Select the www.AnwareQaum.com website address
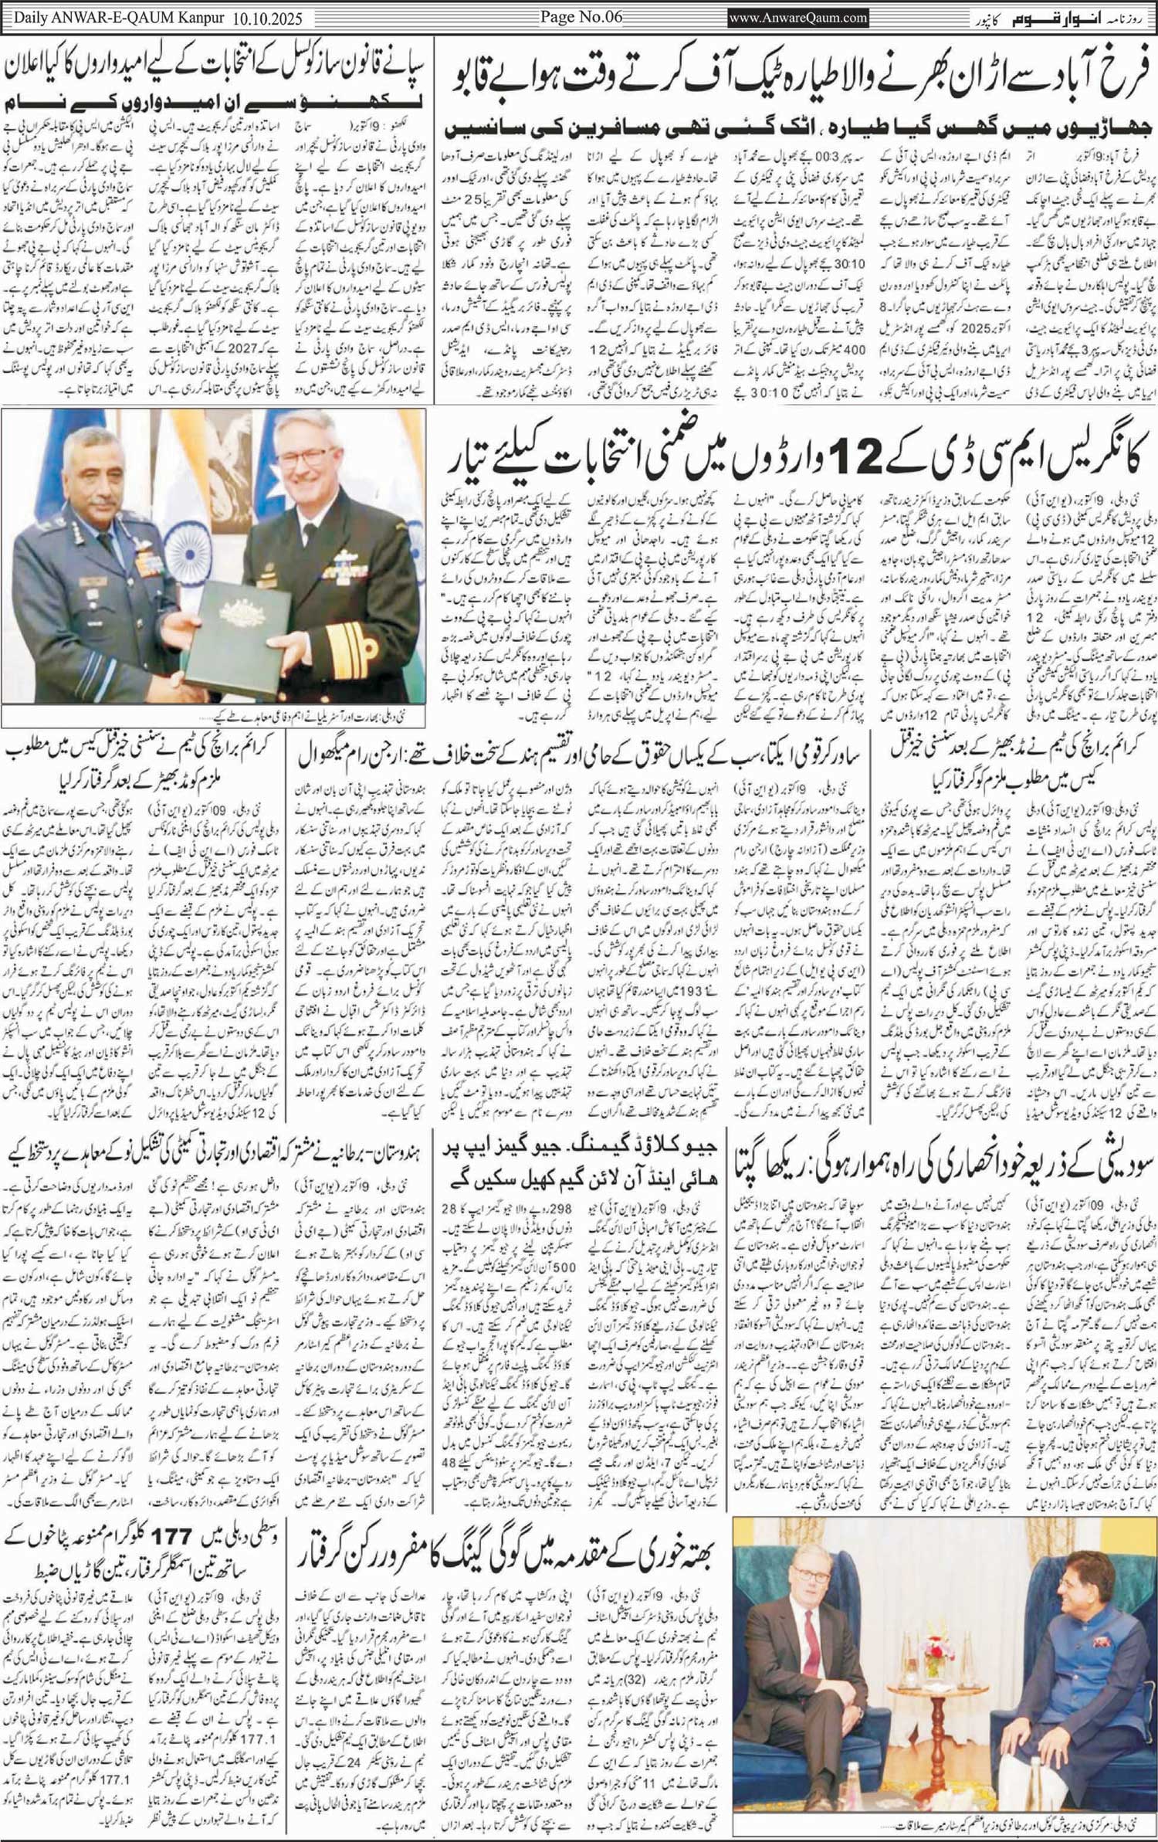(798, 18)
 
